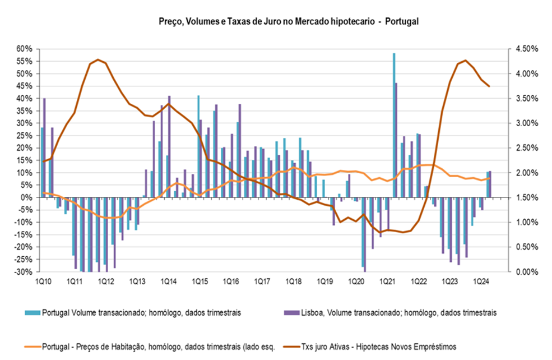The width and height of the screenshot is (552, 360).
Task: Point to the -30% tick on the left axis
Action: [x=25, y=272]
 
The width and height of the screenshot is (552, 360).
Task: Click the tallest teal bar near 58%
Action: [x=394, y=125]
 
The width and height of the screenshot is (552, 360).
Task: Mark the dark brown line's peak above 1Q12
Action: [x=98, y=59]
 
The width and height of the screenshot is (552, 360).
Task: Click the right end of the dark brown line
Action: [x=489, y=86]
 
